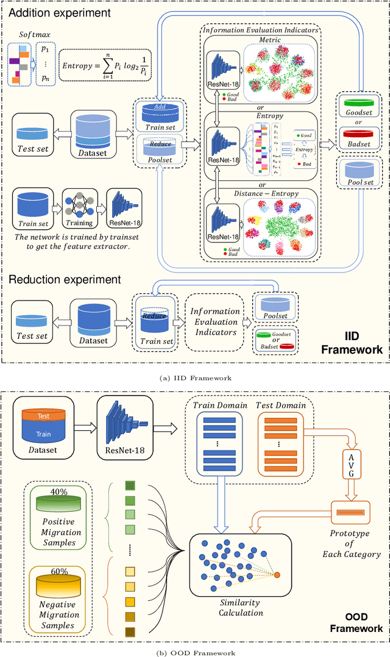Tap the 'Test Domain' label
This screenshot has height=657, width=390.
(281, 405)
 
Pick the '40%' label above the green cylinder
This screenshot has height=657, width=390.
(58, 491)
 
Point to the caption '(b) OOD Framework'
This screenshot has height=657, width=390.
(194, 652)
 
